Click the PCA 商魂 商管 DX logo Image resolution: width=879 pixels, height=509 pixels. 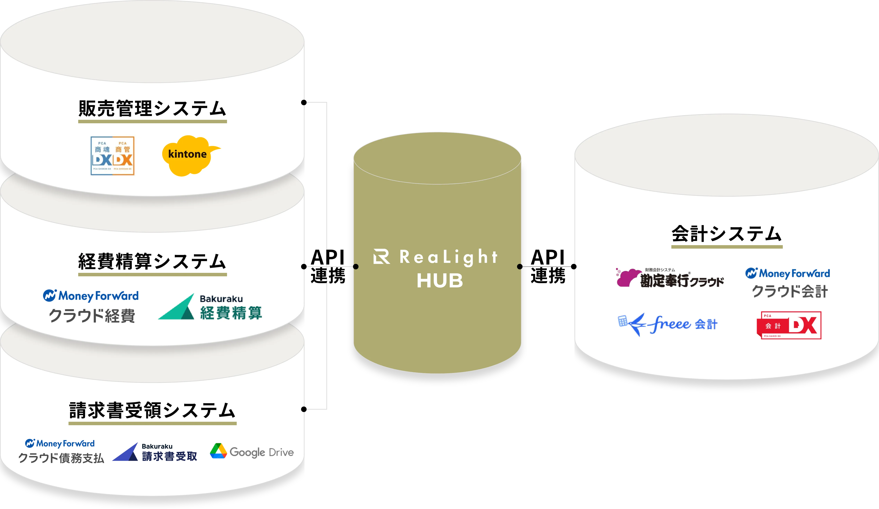(112, 156)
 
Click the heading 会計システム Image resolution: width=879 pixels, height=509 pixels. (727, 234)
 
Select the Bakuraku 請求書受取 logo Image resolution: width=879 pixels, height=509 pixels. (155, 452)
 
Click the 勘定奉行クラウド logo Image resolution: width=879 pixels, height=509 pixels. (670, 278)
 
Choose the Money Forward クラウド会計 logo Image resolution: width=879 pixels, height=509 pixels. (788, 283)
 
